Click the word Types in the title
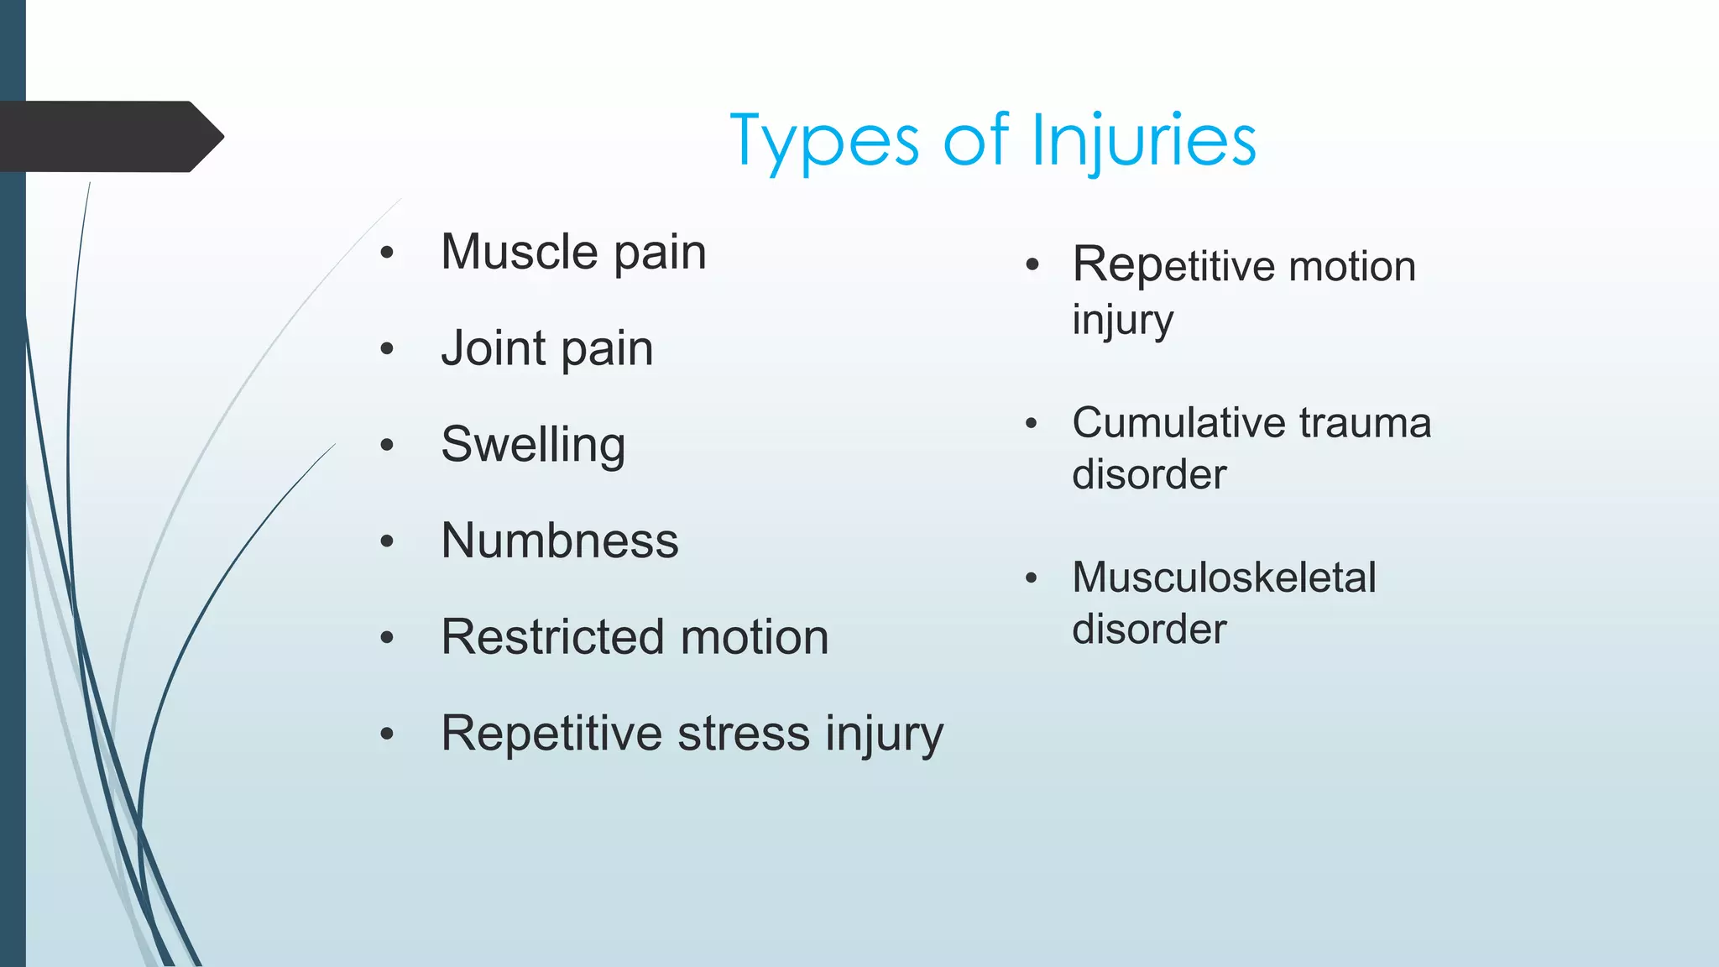[825, 141]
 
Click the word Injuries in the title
[1143, 141]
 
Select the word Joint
[494, 348]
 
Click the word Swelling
[533, 445]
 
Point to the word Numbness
[559, 541]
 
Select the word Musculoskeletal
[1224, 578]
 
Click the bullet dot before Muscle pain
[387, 254]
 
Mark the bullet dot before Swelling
[387, 446]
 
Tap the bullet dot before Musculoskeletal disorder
[1032, 578]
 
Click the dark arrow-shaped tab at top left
[109, 136]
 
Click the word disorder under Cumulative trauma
[1149, 475]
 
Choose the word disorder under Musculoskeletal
[1149, 630]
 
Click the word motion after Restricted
[755, 637]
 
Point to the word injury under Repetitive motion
[1122, 321]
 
